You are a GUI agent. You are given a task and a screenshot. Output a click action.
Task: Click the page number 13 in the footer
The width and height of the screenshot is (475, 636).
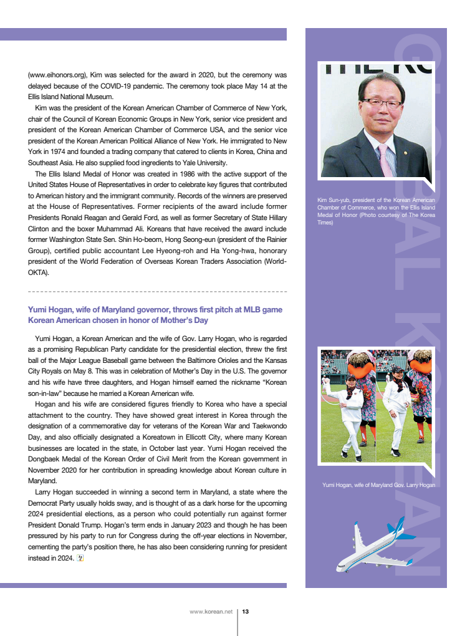point(246,612)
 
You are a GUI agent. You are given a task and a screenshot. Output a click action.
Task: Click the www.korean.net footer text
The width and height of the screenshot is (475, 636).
point(211,612)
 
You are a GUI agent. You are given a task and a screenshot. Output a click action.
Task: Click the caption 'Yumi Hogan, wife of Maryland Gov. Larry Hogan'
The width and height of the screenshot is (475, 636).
point(378,484)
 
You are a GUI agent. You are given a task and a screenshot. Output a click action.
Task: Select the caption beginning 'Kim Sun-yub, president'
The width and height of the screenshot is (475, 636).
point(376,211)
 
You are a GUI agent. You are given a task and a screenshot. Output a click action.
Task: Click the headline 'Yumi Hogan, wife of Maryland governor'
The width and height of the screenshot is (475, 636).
point(155,310)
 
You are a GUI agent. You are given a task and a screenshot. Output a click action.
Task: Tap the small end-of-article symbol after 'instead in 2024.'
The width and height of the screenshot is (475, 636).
point(79,559)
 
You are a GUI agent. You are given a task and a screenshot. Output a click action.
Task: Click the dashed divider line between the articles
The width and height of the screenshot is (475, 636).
point(157,291)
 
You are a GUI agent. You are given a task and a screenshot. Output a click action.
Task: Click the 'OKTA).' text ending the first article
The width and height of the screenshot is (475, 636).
point(38,272)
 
